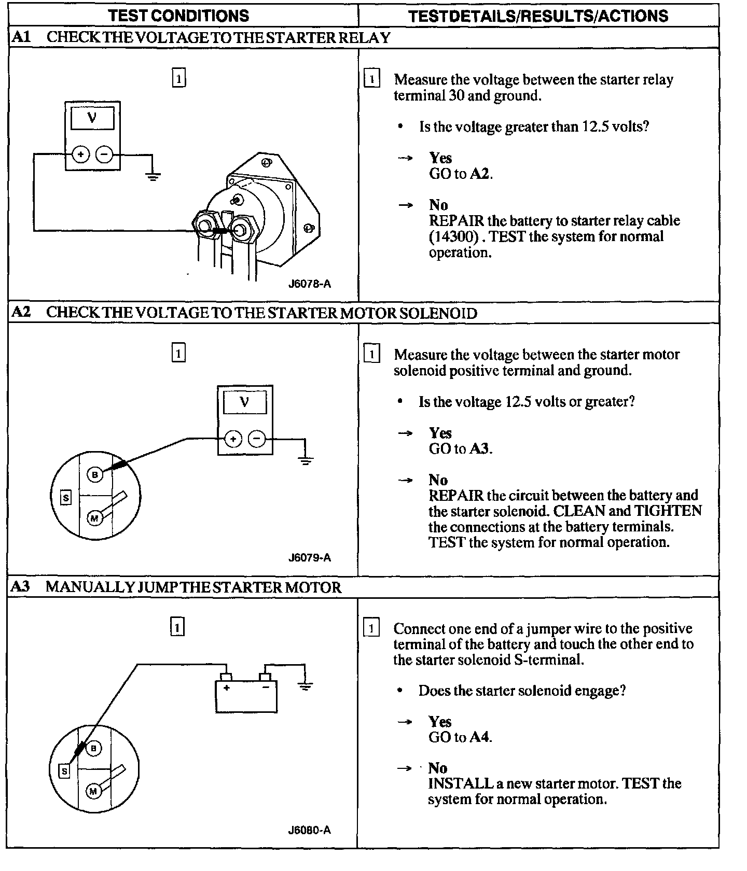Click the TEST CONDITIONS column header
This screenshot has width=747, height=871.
pos(179,16)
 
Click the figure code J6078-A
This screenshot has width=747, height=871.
pos(310,284)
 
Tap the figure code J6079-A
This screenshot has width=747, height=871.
pos(310,558)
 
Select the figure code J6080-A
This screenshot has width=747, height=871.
pos(310,830)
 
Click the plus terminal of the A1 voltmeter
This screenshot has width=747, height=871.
pos(80,154)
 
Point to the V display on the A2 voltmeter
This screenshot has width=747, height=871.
pos(245,402)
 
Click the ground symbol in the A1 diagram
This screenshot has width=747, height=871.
pos(153,176)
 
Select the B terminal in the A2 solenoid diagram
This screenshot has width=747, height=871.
pos(95,474)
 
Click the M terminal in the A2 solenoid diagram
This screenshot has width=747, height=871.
pos(94,518)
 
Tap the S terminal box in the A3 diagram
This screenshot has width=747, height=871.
pos(64,771)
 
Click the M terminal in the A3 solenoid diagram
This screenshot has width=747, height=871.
pos(93,791)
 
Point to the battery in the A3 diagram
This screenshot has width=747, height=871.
pos(246,695)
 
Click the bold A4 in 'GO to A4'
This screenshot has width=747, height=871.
pos(480,737)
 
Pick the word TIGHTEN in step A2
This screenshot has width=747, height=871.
pos(668,511)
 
